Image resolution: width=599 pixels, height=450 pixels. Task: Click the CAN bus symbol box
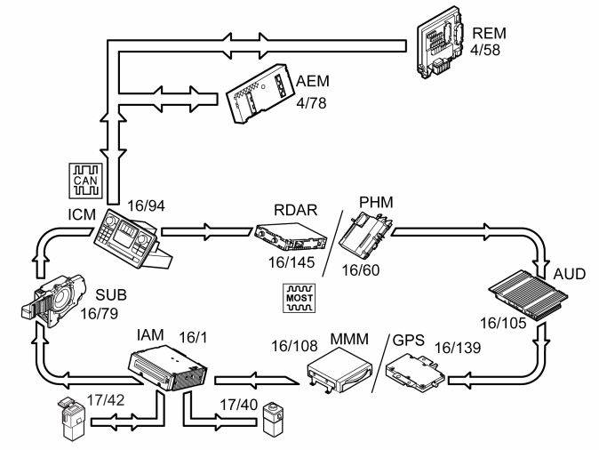point(85,181)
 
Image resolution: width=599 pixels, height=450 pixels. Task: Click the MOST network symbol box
point(299,298)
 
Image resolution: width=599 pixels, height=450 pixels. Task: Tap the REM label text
point(490,33)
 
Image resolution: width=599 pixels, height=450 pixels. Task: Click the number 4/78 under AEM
point(311,103)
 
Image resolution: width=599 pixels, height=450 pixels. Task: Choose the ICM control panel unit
point(132,239)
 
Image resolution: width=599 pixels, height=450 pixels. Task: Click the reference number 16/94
point(146,205)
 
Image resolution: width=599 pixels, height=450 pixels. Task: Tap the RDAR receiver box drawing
point(291,237)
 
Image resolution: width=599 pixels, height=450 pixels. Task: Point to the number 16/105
point(503,324)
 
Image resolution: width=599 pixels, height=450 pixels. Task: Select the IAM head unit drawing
point(167,368)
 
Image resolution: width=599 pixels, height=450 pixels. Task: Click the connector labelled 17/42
point(71,419)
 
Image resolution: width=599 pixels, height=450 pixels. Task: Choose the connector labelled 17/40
point(273,419)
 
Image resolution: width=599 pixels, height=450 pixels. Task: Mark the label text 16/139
point(458,348)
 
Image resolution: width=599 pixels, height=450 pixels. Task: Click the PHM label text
point(376,202)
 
